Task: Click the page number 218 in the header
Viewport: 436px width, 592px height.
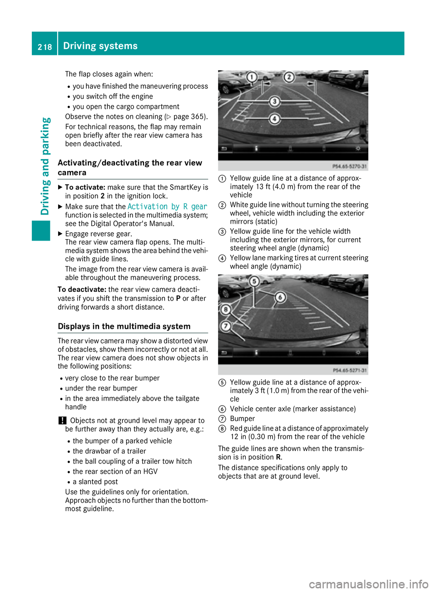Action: click(45, 47)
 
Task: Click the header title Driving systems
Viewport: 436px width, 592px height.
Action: click(100, 46)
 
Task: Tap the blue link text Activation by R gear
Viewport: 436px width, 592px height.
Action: click(167, 206)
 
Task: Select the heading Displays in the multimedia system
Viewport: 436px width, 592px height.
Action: click(124, 326)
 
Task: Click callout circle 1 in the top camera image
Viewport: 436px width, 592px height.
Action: click(252, 77)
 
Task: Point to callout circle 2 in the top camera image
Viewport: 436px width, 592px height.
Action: click(289, 77)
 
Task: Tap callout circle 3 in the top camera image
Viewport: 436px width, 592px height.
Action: click(274, 101)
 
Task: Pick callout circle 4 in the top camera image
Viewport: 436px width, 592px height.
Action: click(274, 119)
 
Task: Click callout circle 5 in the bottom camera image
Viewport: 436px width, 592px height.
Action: click(254, 281)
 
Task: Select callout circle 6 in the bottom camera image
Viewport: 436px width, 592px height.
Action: click(281, 297)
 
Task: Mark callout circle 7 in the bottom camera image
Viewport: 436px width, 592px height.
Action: click(225, 326)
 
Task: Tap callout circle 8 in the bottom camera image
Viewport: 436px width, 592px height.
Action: click(225, 310)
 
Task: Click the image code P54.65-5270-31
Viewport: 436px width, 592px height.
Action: click(349, 166)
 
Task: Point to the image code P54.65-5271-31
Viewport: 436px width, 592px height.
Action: click(349, 371)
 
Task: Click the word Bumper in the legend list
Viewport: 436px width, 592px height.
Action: click(242, 419)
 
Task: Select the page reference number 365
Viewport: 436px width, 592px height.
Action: click(197, 117)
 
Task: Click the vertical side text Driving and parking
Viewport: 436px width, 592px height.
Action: click(45, 166)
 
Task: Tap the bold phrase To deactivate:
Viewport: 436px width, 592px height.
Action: click(82, 290)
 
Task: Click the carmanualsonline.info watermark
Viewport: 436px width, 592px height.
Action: click(368, 584)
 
